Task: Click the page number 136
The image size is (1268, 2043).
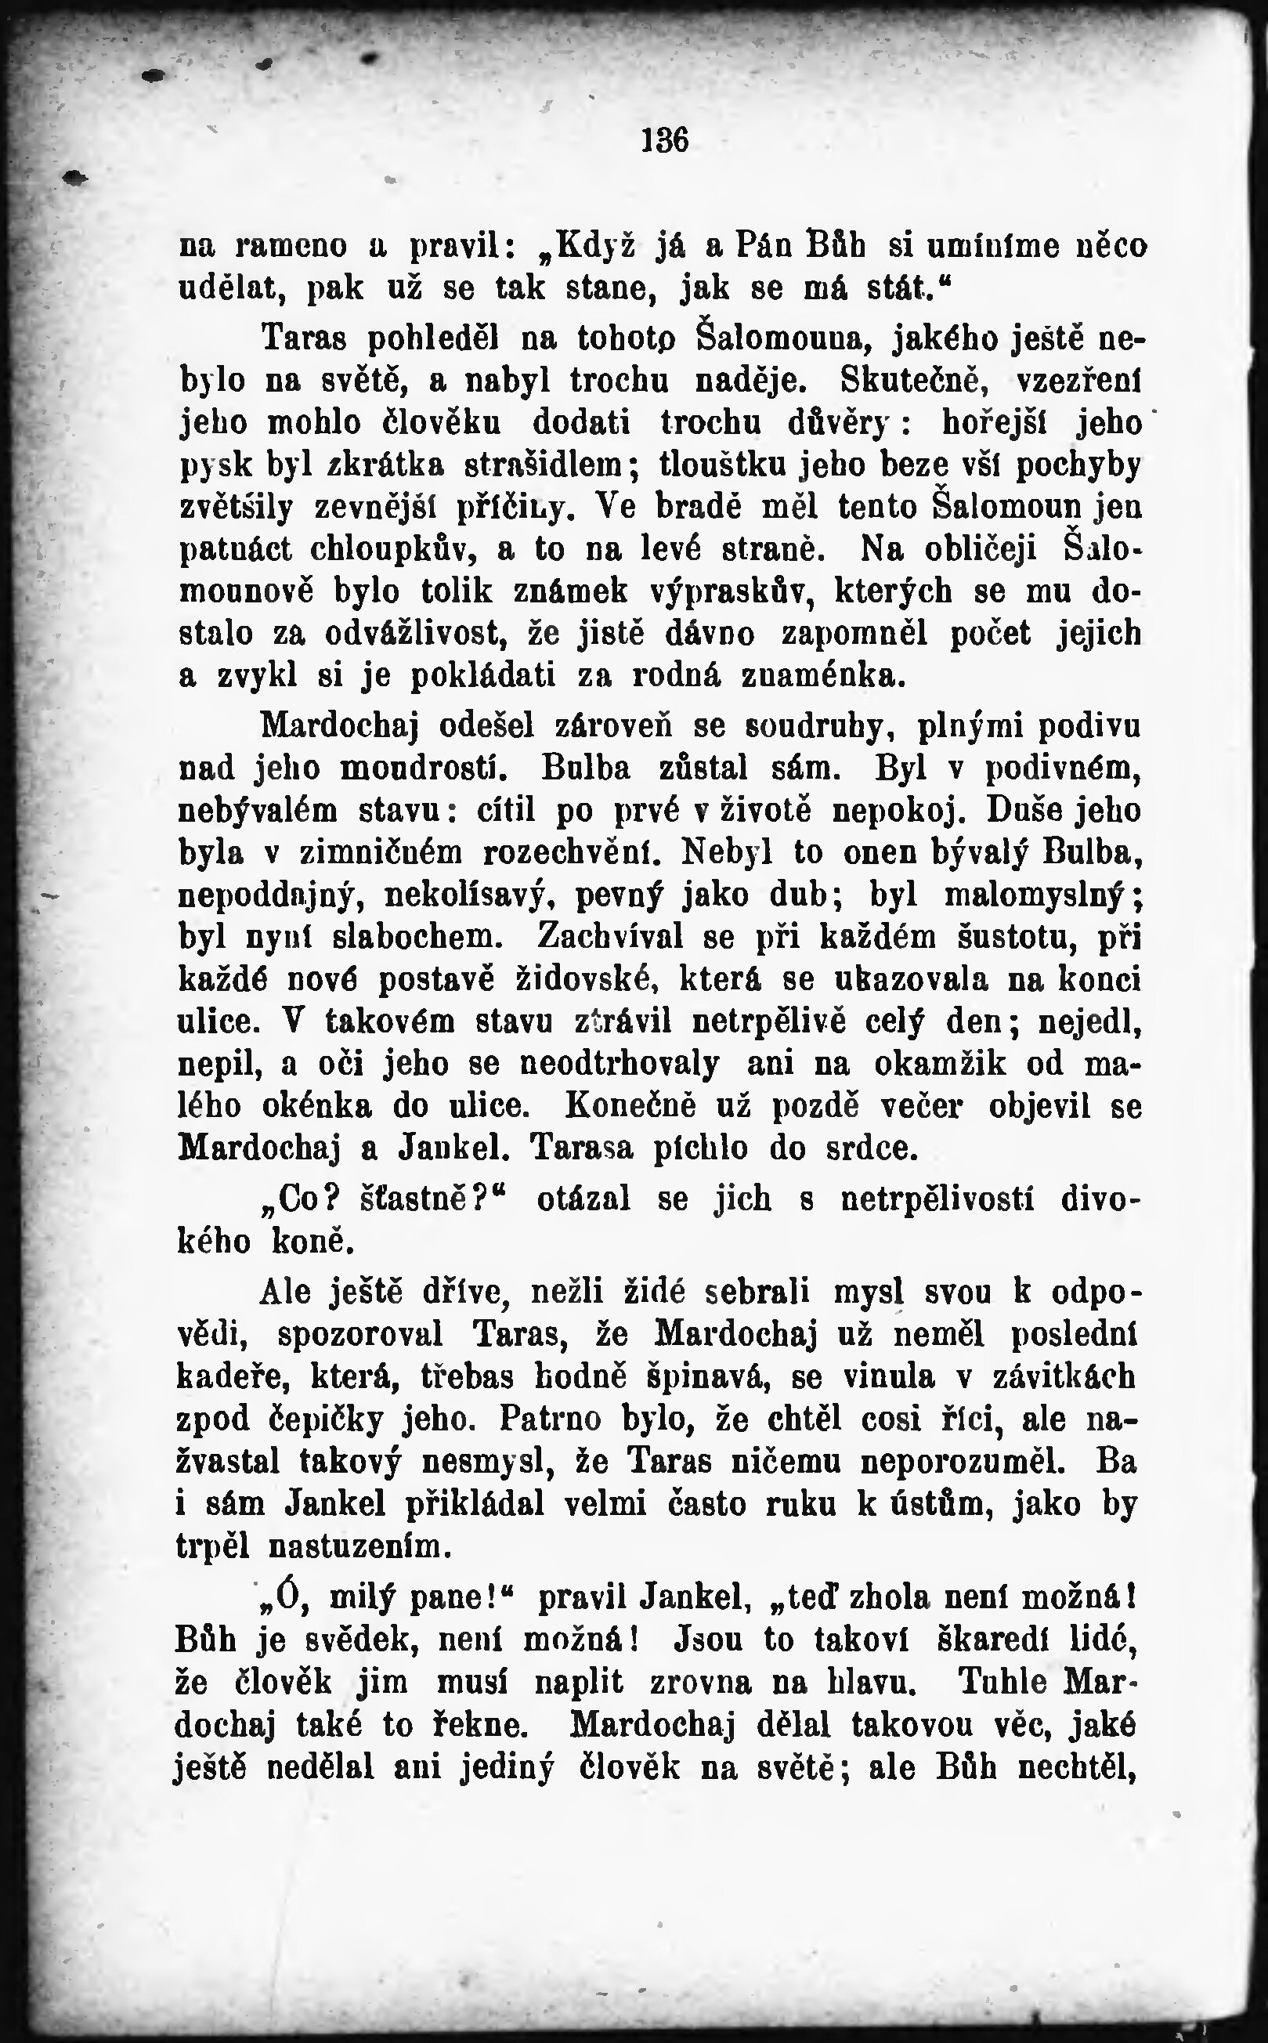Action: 665,140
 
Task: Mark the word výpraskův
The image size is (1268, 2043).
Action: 733,591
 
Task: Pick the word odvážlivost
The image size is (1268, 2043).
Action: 419,633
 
